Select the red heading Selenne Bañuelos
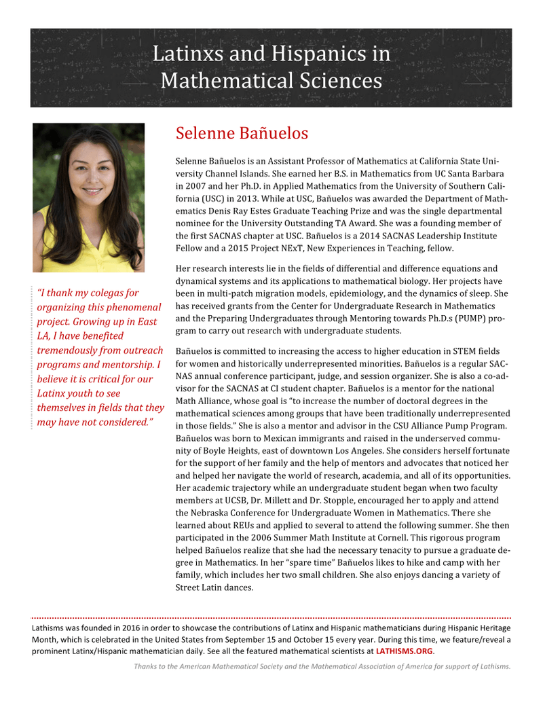242,133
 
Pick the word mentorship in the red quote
128,365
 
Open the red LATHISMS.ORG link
405,651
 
